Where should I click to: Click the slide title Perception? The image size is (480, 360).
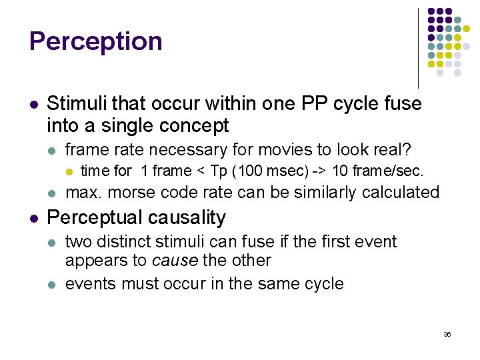click(96, 41)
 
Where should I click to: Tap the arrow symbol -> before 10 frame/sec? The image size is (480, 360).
click(318, 171)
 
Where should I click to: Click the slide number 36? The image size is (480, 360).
click(447, 334)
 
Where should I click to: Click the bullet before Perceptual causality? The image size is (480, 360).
click(33, 218)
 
